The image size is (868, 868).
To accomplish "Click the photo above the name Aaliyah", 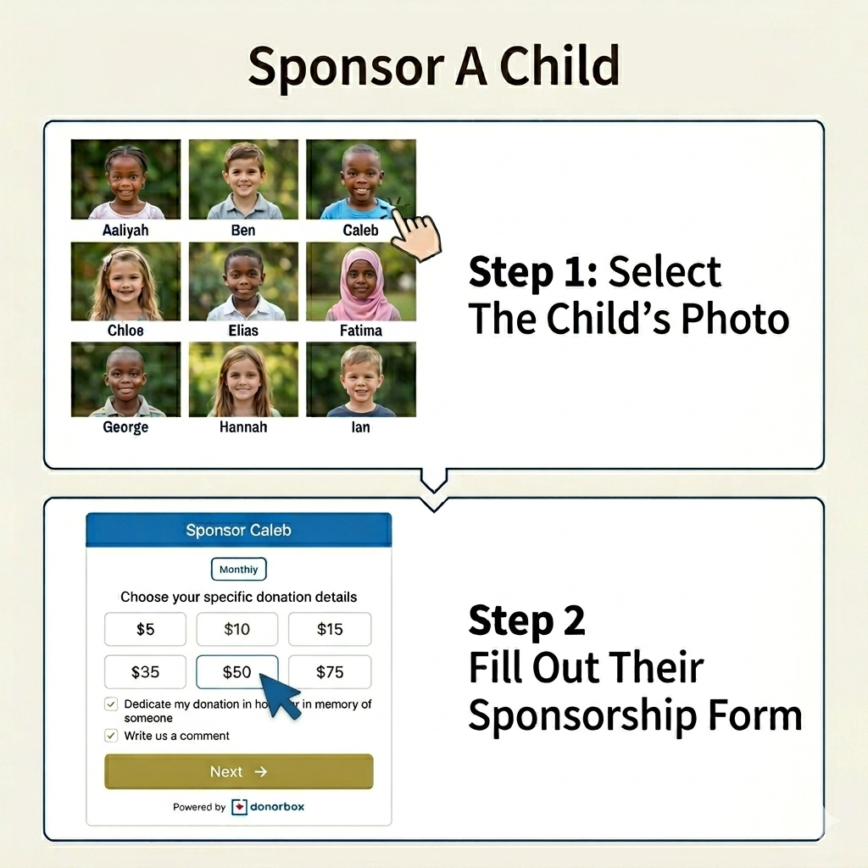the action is coord(125,180).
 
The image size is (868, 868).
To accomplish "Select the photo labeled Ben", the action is coord(243,180).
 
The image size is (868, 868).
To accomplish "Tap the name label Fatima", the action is coord(361,331).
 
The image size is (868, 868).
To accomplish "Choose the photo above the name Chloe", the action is coord(125,281).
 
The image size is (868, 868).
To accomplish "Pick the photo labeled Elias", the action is coord(243,281).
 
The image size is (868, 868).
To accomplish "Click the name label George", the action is coord(125,427).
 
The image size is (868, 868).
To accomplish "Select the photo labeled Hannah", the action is coord(243,379).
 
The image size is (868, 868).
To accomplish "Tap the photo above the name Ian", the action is coord(361,379).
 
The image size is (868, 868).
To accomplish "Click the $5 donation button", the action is coord(145,629).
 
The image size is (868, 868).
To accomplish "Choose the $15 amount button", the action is coord(330,629).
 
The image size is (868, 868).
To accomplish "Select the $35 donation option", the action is coord(145,672).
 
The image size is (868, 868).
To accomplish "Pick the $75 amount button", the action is coord(330,672).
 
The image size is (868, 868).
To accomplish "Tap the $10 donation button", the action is coord(237,629).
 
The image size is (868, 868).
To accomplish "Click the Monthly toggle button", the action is coord(238,569).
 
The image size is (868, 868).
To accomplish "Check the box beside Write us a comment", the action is coord(111,735).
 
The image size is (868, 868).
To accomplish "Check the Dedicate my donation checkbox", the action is coord(111,704).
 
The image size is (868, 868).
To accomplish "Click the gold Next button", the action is coord(238,771).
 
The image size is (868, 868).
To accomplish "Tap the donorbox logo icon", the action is coord(239,807).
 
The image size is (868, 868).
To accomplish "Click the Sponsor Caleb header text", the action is coord(238,531).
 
